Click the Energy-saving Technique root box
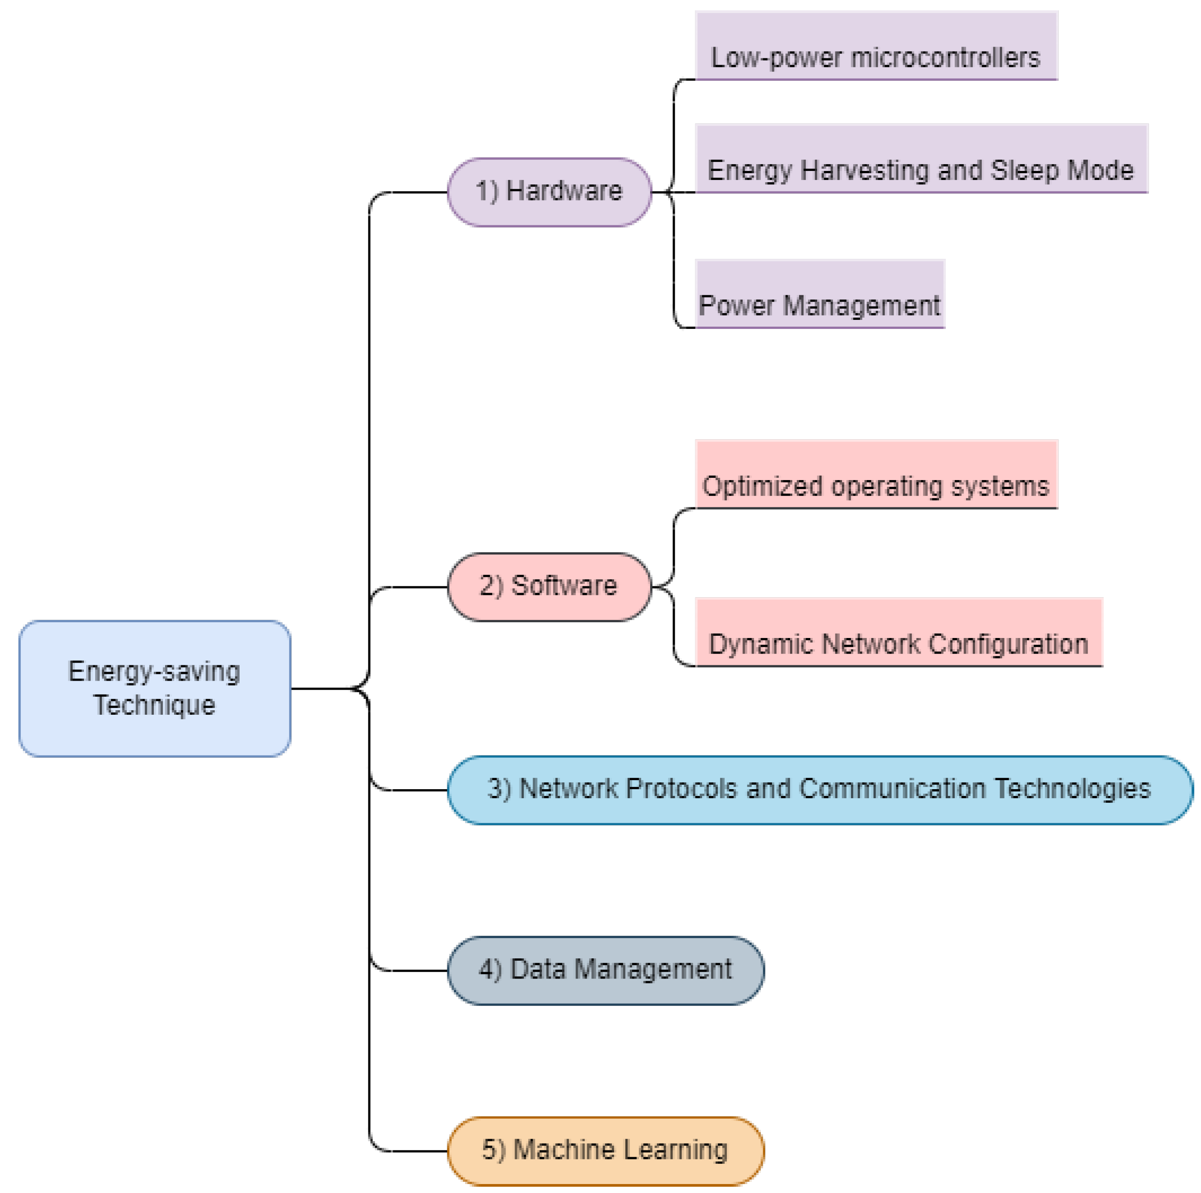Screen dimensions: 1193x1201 pos(154,688)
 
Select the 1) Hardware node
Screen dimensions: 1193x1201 pos(549,192)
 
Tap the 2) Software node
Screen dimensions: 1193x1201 pos(549,586)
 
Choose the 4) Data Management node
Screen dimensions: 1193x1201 pos(606,970)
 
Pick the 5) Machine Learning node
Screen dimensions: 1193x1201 pos(606,1150)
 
